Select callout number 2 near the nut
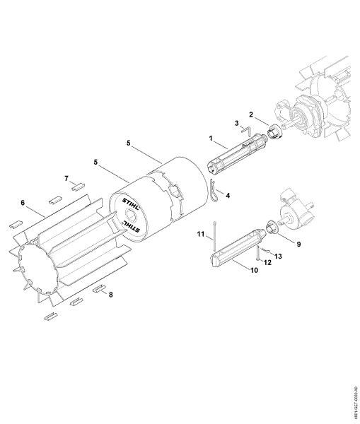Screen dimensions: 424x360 [x=250, y=114]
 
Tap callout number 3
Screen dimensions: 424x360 [x=236, y=123]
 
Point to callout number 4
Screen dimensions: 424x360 [x=227, y=194]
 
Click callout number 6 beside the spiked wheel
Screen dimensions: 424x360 [x=23, y=203]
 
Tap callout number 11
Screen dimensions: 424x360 [x=201, y=232]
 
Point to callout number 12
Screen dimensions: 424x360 [x=267, y=262]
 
